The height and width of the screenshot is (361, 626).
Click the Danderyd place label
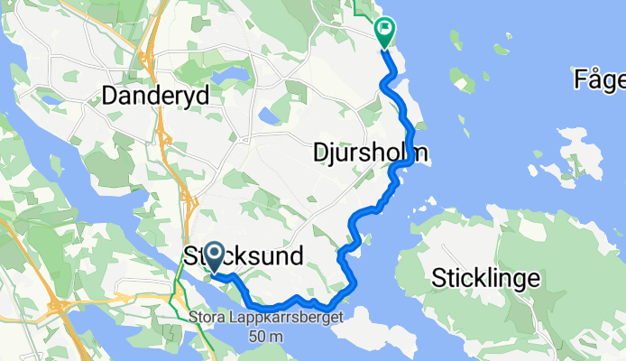click(156, 94)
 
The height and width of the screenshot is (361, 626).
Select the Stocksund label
click(244, 255)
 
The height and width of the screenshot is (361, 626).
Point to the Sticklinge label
click(486, 277)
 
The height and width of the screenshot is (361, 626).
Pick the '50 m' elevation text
click(267, 336)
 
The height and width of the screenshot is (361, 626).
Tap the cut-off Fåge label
click(599, 80)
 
